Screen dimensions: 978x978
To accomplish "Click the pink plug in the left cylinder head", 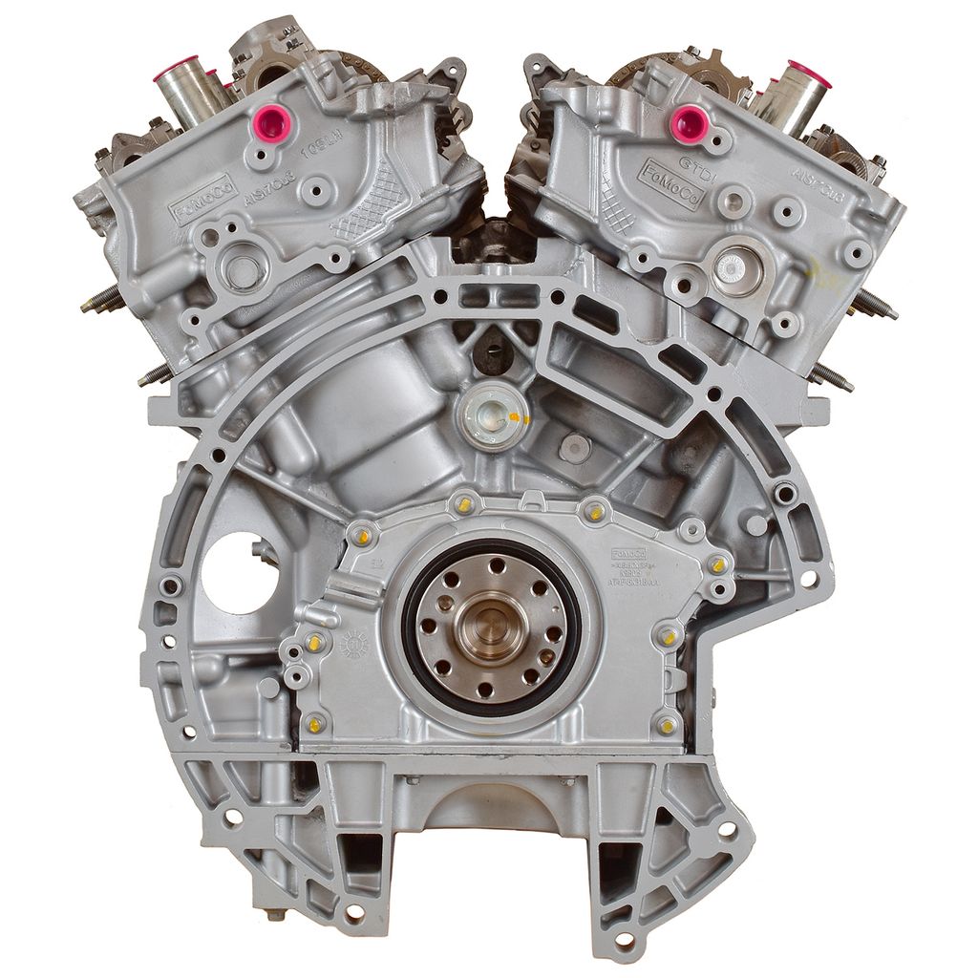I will pyautogui.click(x=275, y=121).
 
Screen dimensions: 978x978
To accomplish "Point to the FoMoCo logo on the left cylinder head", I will pyautogui.click(x=203, y=199).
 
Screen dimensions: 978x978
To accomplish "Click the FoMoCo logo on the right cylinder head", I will pyautogui.click(x=671, y=184).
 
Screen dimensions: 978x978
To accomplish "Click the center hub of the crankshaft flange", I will pyautogui.click(x=490, y=626).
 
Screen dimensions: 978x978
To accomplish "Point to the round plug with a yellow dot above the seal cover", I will pyautogui.click(x=492, y=415).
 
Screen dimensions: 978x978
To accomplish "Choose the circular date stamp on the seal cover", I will pyautogui.click(x=354, y=644).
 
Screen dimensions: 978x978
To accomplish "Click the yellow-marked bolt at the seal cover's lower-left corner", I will pyautogui.click(x=315, y=723).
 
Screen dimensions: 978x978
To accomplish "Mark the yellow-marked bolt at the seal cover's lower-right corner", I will pyautogui.click(x=667, y=726).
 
